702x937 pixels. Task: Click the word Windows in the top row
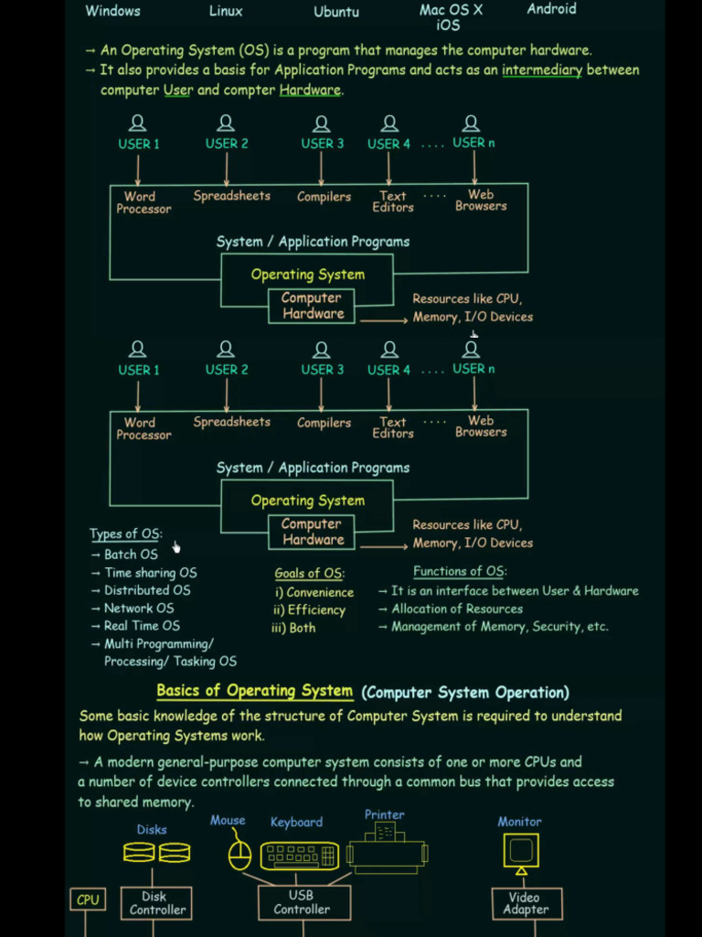(x=112, y=11)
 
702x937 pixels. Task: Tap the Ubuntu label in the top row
(x=336, y=12)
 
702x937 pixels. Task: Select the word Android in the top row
(x=551, y=9)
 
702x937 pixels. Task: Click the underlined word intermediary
(x=542, y=70)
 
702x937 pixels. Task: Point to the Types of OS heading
(x=125, y=534)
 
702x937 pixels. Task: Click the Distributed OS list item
(x=147, y=590)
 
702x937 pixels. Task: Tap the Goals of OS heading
(x=309, y=574)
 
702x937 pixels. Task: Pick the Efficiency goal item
(x=316, y=610)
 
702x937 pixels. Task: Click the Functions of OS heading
(x=459, y=571)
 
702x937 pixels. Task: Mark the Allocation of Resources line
(x=457, y=609)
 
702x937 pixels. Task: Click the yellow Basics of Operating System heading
(x=254, y=692)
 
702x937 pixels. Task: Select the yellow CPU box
(x=88, y=900)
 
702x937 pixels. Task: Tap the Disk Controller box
(x=157, y=903)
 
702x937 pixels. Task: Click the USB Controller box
(x=302, y=903)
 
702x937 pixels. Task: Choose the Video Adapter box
(x=526, y=903)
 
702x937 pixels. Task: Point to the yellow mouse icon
(x=239, y=855)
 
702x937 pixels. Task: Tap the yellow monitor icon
(x=521, y=851)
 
